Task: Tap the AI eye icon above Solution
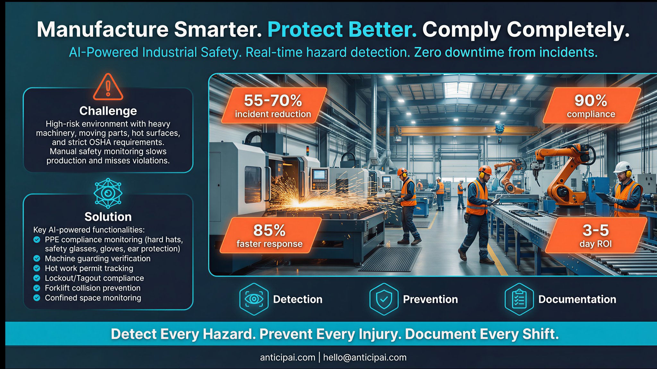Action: [108, 193]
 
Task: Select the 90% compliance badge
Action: [591, 106]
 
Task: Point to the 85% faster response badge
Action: [270, 235]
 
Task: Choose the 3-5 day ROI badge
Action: [596, 235]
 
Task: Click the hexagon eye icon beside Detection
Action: [254, 299]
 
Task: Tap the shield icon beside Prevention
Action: [384, 299]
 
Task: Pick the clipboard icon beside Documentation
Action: [519, 299]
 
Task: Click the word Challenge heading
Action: [108, 111]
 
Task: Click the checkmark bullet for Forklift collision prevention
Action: [37, 288]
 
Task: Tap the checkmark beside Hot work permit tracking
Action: [37, 268]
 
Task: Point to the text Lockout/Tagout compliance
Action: [94, 278]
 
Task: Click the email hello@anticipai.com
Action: [365, 357]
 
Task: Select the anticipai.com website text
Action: [288, 357]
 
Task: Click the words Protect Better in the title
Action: [342, 30]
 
